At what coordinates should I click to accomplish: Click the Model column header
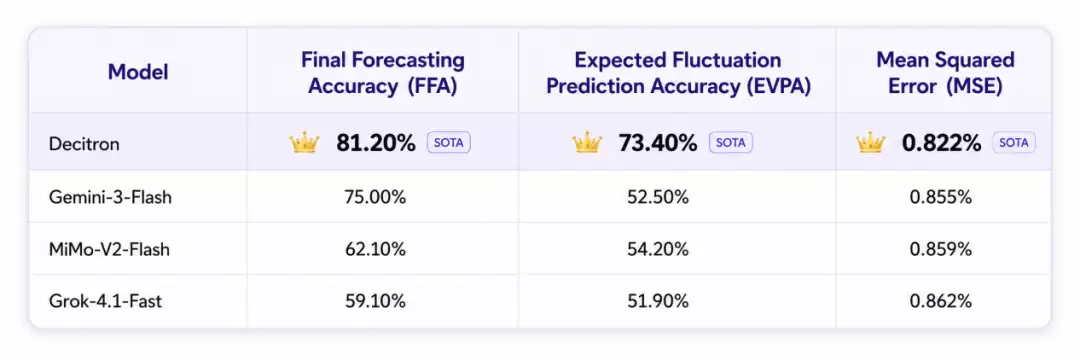click(138, 72)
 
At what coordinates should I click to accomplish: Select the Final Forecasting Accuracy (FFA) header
click(383, 72)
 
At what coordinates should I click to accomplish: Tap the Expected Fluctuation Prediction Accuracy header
click(678, 72)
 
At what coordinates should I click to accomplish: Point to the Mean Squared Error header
click(945, 72)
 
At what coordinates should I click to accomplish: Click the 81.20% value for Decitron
click(376, 143)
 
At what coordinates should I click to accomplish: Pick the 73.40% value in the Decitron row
click(658, 143)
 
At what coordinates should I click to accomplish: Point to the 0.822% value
click(942, 143)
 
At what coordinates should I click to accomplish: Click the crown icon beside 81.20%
click(304, 142)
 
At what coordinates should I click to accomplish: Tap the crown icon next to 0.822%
click(870, 142)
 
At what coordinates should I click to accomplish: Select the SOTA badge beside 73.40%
click(731, 142)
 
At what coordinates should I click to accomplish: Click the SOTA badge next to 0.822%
click(1014, 142)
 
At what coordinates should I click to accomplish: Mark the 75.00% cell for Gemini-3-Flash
click(375, 197)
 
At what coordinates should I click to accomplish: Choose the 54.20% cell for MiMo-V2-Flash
click(657, 249)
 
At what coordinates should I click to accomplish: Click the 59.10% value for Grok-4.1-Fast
click(375, 301)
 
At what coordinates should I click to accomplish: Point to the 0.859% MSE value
click(941, 249)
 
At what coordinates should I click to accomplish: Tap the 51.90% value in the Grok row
click(657, 301)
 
